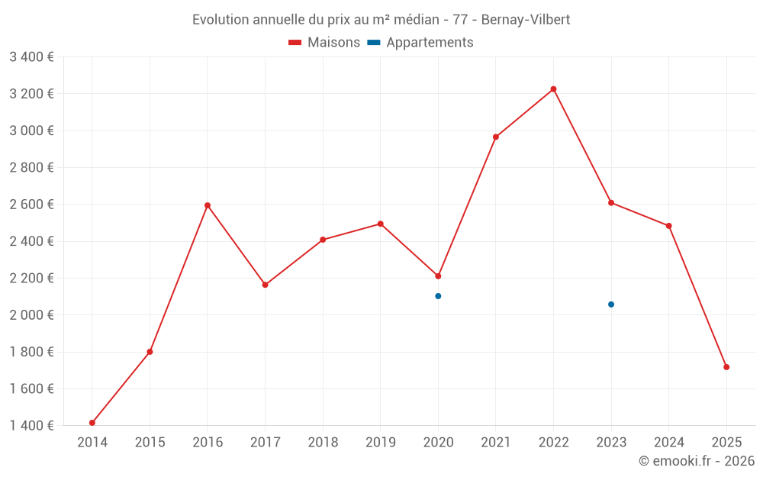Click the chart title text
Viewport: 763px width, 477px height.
coord(381,19)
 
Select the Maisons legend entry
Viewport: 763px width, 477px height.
coord(324,43)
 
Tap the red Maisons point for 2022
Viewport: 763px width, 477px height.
coord(553,89)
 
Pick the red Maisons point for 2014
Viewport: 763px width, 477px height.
coord(92,423)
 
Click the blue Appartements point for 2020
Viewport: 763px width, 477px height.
coord(438,296)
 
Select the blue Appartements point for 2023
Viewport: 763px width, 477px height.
coord(611,305)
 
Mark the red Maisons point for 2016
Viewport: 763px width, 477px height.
coord(208,205)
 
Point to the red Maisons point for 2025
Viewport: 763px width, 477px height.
coord(726,367)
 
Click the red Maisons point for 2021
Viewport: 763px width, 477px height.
coord(496,137)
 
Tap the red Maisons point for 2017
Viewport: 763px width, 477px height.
coord(265,285)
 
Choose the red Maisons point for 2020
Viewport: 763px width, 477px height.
coord(438,276)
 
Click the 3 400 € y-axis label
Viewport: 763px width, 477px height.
coord(31,57)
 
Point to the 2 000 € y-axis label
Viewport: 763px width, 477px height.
coord(31,315)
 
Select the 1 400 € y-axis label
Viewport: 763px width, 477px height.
coord(31,426)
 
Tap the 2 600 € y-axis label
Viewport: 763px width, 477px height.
coord(31,205)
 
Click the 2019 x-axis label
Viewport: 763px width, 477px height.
coord(380,443)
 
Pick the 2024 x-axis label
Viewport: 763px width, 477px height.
coord(668,443)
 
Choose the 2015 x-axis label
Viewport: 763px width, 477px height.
coord(150,443)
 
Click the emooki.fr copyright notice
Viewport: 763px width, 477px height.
coord(696,461)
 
